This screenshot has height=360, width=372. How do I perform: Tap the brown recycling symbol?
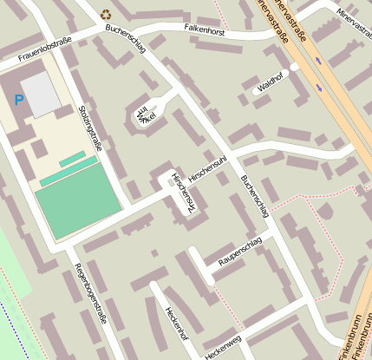(106, 14)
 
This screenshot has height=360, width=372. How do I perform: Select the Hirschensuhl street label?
(206, 167)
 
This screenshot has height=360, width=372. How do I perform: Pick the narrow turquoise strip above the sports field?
(72, 160)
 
